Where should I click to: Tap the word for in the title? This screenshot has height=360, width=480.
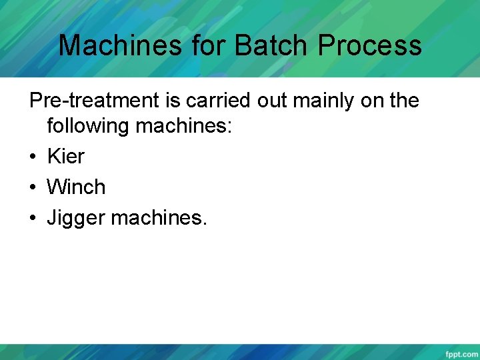pos(208,45)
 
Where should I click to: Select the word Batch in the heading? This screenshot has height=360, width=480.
pos(273,45)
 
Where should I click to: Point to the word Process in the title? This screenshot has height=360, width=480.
pos(370,45)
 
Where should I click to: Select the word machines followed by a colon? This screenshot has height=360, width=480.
pos(183,125)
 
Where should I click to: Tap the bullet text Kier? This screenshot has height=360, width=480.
pos(65,156)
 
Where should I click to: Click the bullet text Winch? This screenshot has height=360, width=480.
pos(76,187)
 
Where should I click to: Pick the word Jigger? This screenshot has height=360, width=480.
pos(75,217)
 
